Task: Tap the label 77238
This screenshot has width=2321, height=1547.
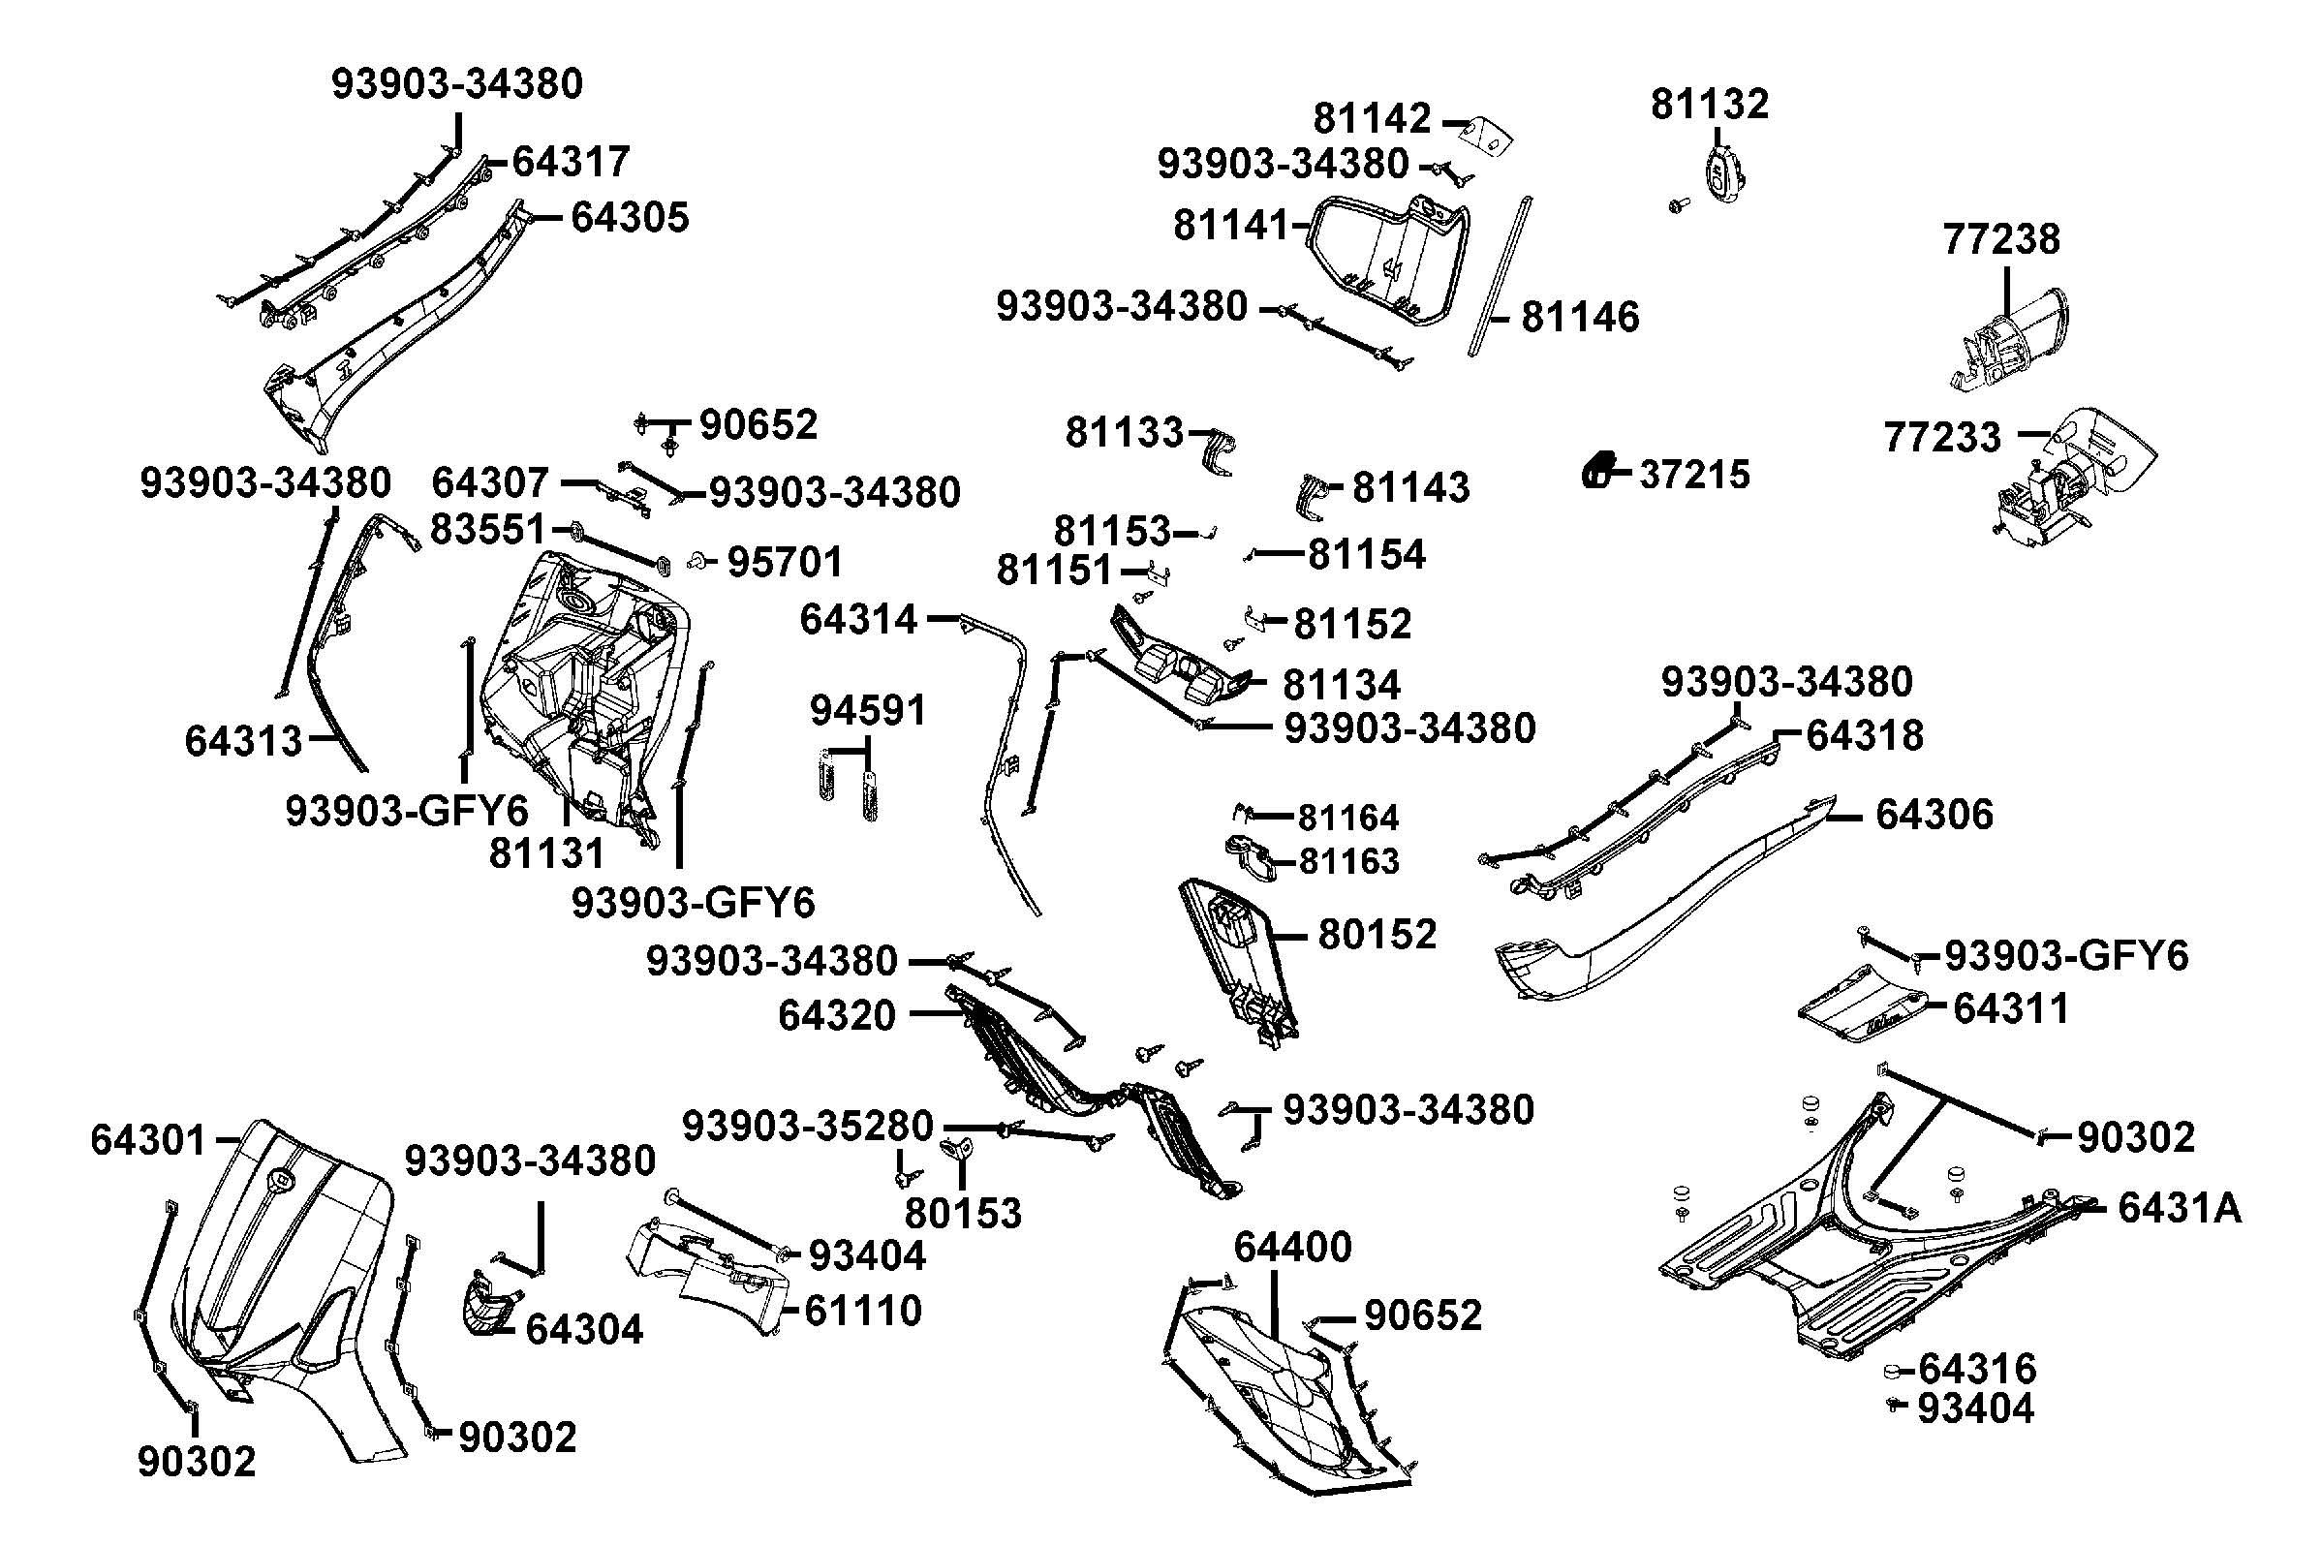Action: click(2001, 239)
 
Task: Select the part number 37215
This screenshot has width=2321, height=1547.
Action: click(1693, 475)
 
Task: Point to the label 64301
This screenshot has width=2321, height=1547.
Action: click(148, 1140)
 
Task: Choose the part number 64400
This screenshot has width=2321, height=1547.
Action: click(1292, 1247)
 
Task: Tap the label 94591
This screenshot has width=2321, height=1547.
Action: click(868, 710)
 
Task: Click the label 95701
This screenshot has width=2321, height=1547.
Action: click(786, 563)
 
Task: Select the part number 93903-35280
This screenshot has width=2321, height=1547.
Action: click(807, 1126)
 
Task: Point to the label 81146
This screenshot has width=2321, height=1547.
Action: click(1580, 318)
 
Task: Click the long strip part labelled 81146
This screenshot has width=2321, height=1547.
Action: click(1501, 276)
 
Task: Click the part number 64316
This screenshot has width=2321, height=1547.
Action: click(1977, 1370)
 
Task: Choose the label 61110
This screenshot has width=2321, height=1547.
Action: click(863, 1312)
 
